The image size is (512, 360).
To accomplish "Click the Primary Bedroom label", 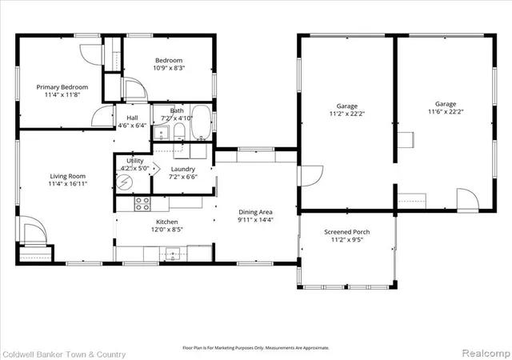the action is [62, 87].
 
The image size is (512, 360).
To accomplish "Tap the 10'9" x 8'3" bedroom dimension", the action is [169, 68].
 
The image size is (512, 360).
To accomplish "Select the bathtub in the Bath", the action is [201, 122].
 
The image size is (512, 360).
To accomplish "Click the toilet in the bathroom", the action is [179, 132].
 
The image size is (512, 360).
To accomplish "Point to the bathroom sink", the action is [161, 133].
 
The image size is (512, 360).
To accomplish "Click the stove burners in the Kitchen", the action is [142, 203].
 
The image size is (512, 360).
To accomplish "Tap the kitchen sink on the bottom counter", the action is [173, 254].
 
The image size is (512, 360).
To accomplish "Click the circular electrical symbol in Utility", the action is [125, 182].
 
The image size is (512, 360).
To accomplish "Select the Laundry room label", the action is [183, 170].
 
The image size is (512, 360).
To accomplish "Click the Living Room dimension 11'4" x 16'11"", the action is [67, 184].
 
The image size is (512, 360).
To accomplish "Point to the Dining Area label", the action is [255, 212].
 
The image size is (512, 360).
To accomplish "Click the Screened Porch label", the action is [346, 232].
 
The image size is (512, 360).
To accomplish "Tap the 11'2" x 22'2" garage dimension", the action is [346, 114].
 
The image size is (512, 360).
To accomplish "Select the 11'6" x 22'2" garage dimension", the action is [446, 112].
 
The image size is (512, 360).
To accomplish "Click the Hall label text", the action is [132, 118].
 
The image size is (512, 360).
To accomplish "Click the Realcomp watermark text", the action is [486, 353].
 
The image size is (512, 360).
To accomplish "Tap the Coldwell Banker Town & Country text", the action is [64, 354].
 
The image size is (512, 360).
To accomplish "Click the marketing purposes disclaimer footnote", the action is [256, 348].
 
